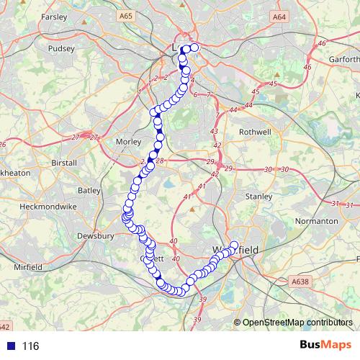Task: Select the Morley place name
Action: coord(129,142)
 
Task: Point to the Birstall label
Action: coord(64,163)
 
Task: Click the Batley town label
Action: coord(89,190)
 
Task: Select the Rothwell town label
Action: coord(256,132)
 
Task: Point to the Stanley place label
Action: coord(258,195)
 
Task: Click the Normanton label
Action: coord(316,220)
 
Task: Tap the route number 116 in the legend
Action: coord(30,346)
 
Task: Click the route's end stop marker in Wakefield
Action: coord(233,245)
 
